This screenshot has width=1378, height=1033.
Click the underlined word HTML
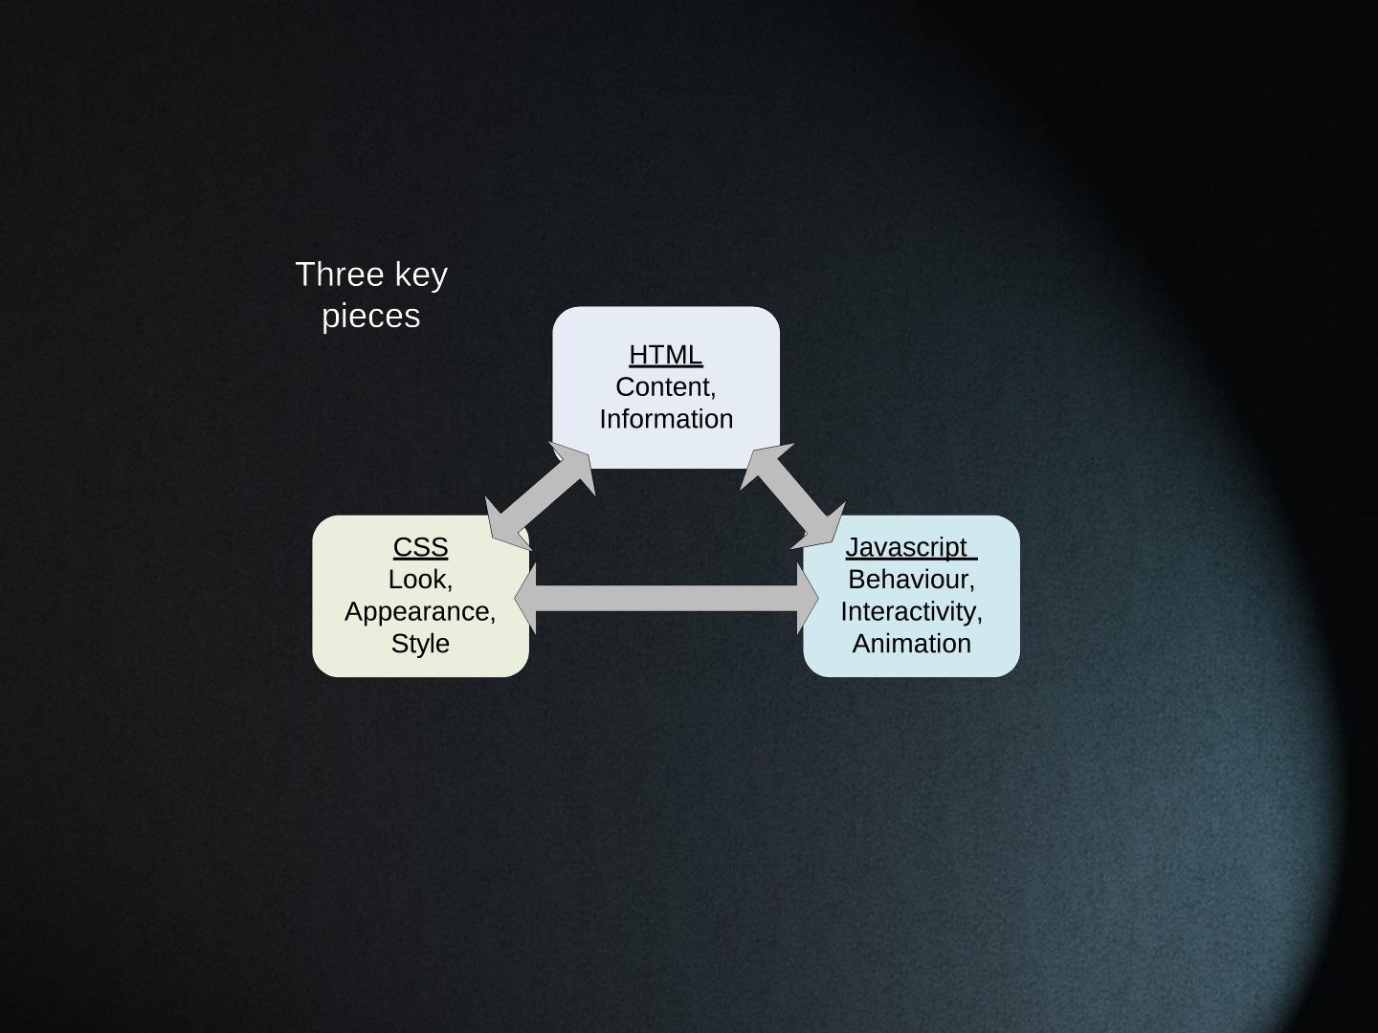pyautogui.click(x=665, y=355)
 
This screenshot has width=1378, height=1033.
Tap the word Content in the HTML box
pyautogui.click(x=663, y=387)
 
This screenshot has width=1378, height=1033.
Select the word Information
pyautogui.click(x=666, y=419)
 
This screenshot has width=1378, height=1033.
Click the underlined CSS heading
pyautogui.click(x=420, y=547)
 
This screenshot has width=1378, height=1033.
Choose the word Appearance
pyautogui.click(x=418, y=611)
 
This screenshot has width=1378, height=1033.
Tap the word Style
pyautogui.click(x=420, y=644)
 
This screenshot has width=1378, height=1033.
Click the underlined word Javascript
pyautogui.click(x=906, y=547)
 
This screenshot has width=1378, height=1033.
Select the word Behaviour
pyautogui.click(x=909, y=580)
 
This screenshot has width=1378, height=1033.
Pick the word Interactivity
pyautogui.click(x=909, y=611)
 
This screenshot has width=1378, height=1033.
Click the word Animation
pyautogui.click(x=911, y=644)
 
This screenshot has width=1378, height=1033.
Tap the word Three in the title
pyautogui.click(x=331, y=275)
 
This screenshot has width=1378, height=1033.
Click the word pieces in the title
pyautogui.click(x=371, y=316)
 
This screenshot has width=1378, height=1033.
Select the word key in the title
pyautogui.click(x=422, y=275)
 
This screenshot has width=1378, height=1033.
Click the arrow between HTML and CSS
pyautogui.click(x=541, y=496)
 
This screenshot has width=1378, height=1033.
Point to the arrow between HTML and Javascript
pyautogui.click(x=792, y=496)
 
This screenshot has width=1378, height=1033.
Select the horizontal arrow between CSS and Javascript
pyautogui.click(x=667, y=599)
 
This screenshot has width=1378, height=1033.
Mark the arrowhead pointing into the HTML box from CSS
pyautogui.click(x=576, y=466)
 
